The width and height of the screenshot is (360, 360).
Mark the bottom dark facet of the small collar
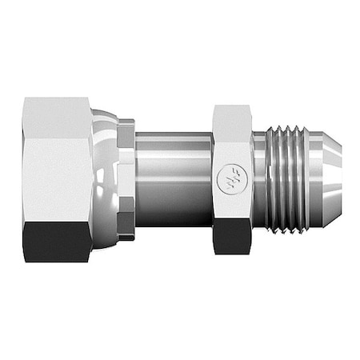pyautogui.click(x=126, y=230)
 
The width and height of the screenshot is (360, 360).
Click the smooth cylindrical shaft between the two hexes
pyautogui.click(x=172, y=172)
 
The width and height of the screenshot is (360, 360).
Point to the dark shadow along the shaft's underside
pyautogui.click(x=172, y=218)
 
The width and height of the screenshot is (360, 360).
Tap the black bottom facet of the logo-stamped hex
pyautogui.click(x=232, y=236)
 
